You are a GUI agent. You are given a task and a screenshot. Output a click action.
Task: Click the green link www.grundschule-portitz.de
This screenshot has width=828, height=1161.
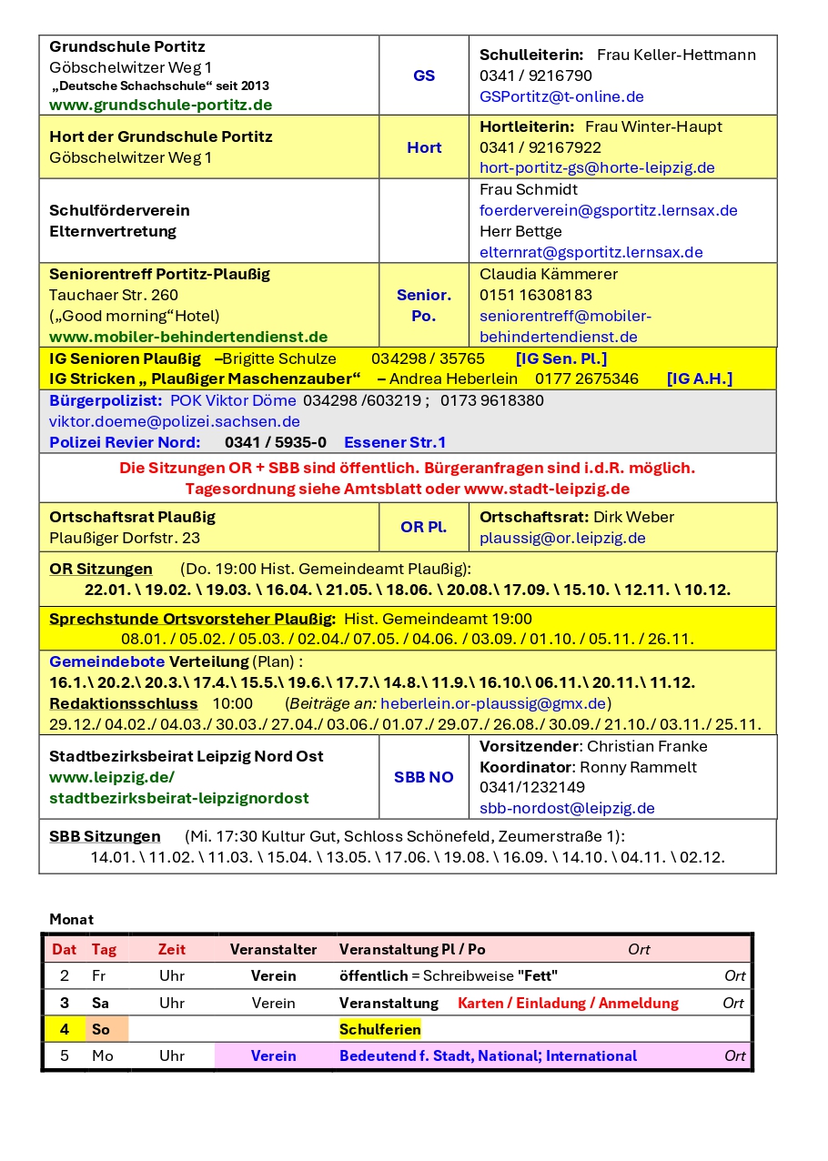pyautogui.click(x=160, y=105)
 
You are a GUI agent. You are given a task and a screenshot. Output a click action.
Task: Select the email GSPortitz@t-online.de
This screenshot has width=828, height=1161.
pyautogui.click(x=561, y=96)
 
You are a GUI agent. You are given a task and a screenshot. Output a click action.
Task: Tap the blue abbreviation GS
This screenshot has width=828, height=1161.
pyautogui.click(x=424, y=76)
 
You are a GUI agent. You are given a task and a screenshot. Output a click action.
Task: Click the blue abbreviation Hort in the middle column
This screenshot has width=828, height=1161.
pyautogui.click(x=424, y=147)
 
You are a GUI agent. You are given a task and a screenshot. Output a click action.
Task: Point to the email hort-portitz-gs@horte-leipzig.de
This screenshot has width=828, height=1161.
pyautogui.click(x=597, y=167)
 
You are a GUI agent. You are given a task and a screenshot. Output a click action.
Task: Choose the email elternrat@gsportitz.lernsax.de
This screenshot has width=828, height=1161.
pyautogui.click(x=591, y=252)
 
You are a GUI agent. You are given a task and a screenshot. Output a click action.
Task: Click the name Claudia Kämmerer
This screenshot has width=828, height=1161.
pyautogui.click(x=549, y=274)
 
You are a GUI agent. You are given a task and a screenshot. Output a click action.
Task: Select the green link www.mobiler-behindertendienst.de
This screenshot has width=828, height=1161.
pyautogui.click(x=188, y=337)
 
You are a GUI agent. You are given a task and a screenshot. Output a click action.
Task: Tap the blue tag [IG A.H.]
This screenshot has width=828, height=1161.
pyautogui.click(x=699, y=379)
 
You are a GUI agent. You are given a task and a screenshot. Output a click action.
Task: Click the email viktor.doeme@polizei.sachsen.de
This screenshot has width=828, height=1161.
pyautogui.click(x=175, y=421)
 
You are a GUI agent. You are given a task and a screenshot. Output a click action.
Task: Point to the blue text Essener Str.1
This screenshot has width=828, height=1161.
pyautogui.click(x=395, y=442)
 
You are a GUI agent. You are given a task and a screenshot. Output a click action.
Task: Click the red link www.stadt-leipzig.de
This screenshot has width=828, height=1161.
pyautogui.click(x=546, y=489)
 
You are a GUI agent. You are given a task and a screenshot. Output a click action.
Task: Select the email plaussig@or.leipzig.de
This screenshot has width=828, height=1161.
pyautogui.click(x=562, y=538)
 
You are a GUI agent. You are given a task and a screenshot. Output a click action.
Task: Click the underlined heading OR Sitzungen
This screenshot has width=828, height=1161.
pyautogui.click(x=101, y=569)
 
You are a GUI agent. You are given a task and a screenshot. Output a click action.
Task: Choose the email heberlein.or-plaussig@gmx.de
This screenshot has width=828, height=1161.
pyautogui.click(x=493, y=703)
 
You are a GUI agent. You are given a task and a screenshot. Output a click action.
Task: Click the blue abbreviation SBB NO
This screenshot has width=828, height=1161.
pyautogui.click(x=424, y=777)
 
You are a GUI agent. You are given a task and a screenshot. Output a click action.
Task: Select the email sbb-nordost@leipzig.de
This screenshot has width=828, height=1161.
pyautogui.click(x=567, y=808)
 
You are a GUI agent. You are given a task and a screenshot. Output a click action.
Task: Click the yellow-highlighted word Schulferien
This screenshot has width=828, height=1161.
pyautogui.click(x=379, y=1029)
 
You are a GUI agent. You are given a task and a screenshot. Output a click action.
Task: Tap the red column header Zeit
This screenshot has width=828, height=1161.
pyautogui.click(x=172, y=949)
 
